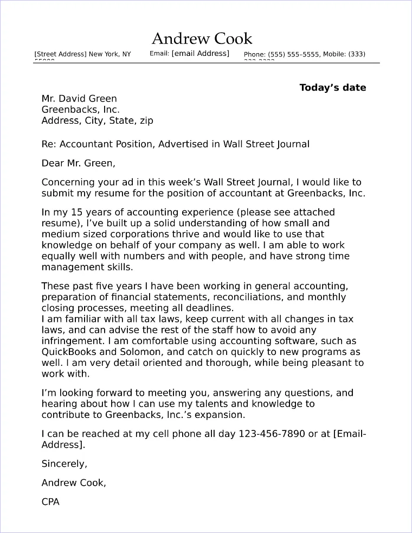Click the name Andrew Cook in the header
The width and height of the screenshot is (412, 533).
pyautogui.click(x=202, y=39)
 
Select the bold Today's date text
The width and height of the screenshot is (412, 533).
pyautogui.click(x=332, y=87)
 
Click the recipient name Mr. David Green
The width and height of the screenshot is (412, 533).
pyautogui.click(x=79, y=98)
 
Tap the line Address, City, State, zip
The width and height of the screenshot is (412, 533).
pyautogui.click(x=97, y=120)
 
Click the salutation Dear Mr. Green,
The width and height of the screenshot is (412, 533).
pyautogui.click(x=78, y=163)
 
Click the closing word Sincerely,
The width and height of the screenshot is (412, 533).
pyautogui.click(x=64, y=464)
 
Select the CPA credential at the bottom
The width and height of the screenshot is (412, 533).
pyautogui.click(x=50, y=502)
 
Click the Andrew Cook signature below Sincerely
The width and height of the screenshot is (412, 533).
pyautogui.click(x=74, y=483)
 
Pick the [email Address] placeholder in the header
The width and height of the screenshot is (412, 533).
pyautogui.click(x=200, y=53)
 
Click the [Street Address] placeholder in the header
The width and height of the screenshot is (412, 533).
pyautogui.click(x=60, y=54)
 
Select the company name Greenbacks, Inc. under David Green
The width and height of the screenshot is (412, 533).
pyautogui.click(x=80, y=109)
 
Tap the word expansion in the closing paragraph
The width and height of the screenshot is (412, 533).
pyautogui.click(x=222, y=415)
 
